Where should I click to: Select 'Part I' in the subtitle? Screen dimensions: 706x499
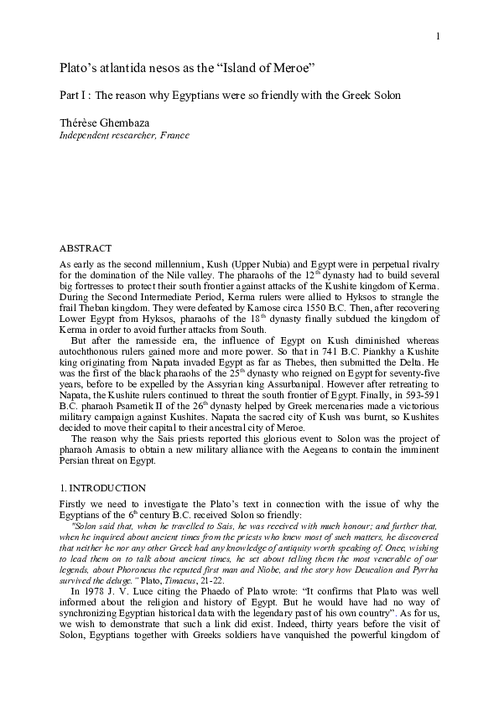pos(74,95)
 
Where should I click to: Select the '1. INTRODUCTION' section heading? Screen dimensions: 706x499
pos(102,488)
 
